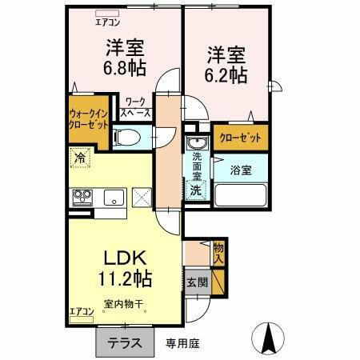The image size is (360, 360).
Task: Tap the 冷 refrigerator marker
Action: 80,158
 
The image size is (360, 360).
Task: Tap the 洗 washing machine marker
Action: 196,190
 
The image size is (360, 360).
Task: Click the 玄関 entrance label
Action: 198,282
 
